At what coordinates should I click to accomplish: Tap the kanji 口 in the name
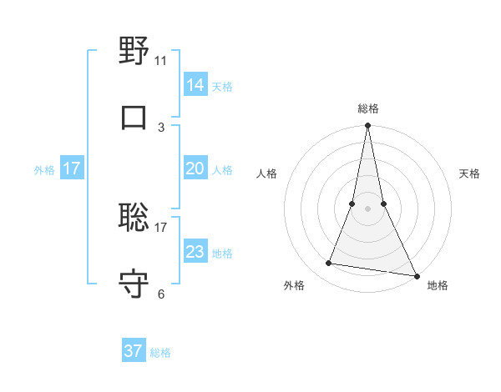click(x=134, y=118)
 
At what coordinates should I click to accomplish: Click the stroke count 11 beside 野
click(x=161, y=60)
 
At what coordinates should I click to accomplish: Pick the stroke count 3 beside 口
click(x=161, y=127)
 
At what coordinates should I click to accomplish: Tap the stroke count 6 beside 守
click(x=161, y=294)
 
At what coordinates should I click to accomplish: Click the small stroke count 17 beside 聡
click(x=161, y=227)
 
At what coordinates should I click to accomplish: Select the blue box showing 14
click(x=195, y=85)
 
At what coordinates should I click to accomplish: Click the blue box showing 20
click(x=195, y=168)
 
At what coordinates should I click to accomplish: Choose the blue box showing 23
click(x=195, y=252)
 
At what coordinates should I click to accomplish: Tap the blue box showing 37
click(x=134, y=351)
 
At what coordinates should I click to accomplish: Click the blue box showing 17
click(x=72, y=168)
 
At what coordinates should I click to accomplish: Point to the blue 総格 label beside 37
click(x=160, y=353)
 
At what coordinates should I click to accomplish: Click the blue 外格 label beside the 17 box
click(x=44, y=170)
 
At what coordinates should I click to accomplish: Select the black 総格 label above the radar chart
click(x=367, y=108)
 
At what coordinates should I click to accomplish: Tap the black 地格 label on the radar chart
click(x=438, y=285)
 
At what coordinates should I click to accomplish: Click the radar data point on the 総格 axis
click(x=367, y=126)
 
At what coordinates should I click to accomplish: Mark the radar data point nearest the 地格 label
click(x=416, y=275)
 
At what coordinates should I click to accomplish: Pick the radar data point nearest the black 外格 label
click(x=328, y=264)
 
